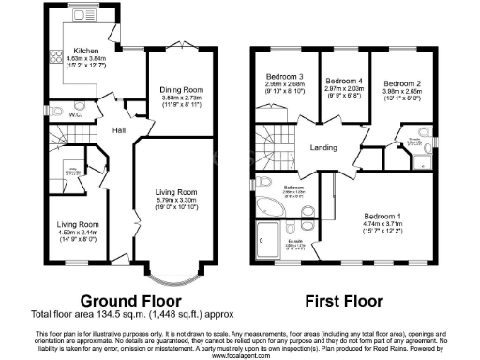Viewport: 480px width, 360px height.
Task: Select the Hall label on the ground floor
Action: (120, 130)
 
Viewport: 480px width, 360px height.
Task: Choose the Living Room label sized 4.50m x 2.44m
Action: (76, 224)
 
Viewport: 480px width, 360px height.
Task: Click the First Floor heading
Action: (343, 301)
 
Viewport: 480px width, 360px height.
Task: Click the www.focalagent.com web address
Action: (240, 355)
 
